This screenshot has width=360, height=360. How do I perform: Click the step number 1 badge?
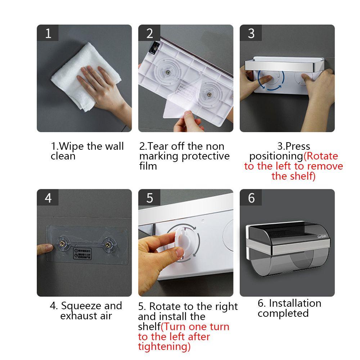pyautogui.click(x=48, y=33)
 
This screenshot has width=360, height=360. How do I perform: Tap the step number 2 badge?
pyautogui.click(x=150, y=33)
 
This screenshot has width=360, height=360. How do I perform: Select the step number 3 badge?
pyautogui.click(x=251, y=33)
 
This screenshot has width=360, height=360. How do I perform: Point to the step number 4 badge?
pyautogui.click(x=48, y=198)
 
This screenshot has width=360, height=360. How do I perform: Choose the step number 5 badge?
pyautogui.click(x=150, y=198)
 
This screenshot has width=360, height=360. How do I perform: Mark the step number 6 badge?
pyautogui.click(x=251, y=198)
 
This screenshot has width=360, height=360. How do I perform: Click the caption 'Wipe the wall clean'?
pyautogui.click(x=87, y=151)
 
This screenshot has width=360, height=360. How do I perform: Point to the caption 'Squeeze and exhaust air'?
pyautogui.click(x=86, y=311)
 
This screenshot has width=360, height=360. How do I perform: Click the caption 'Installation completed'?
pyautogui.click(x=289, y=308)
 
